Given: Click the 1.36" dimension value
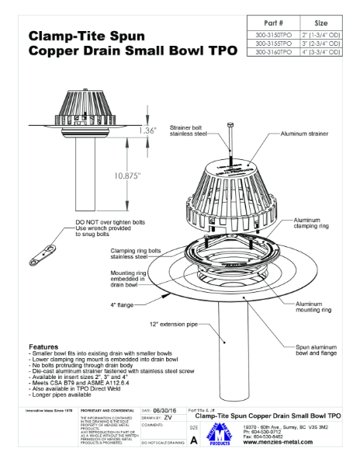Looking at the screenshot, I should pos(149,130).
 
